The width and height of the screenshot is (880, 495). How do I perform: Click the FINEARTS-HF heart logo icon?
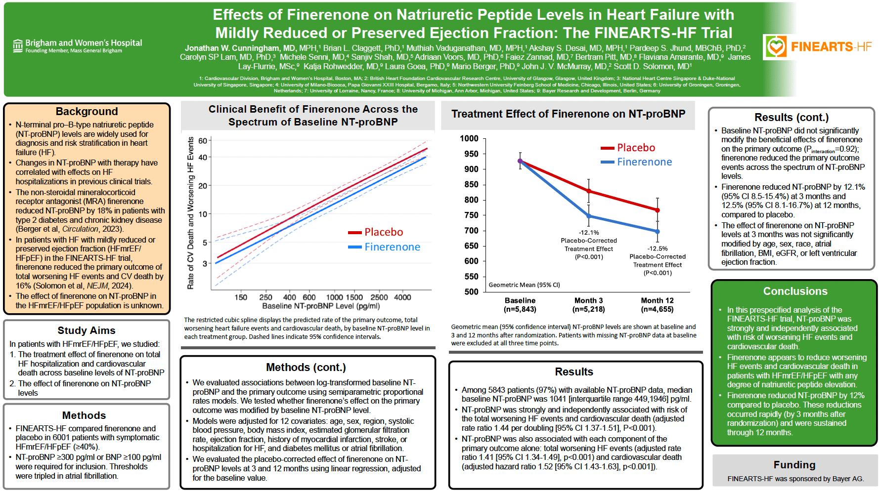point(776,46)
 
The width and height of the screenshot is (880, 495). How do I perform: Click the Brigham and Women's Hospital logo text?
point(83,43)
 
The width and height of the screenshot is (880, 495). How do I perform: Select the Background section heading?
point(87,111)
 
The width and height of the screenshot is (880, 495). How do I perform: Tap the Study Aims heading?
point(87,330)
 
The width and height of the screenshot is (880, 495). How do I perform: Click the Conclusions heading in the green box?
point(795,291)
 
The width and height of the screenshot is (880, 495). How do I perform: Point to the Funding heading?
point(794,465)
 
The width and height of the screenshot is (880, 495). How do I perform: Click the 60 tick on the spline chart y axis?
point(203,141)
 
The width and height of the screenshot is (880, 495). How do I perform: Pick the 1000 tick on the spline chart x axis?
point(335,297)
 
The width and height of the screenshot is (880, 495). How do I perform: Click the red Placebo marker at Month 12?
point(658,210)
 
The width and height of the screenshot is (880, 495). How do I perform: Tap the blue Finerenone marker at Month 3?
point(589,216)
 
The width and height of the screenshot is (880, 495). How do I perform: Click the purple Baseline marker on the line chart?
point(520,161)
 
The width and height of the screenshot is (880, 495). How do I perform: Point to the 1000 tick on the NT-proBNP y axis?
point(469,138)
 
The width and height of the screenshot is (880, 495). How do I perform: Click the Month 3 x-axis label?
point(588,301)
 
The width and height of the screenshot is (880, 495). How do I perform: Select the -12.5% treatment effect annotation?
point(658,248)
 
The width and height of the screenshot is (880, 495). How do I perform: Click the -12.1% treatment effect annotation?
point(589,232)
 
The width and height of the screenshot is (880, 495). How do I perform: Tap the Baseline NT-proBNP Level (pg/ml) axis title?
point(321,306)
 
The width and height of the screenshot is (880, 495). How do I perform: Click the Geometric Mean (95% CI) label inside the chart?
point(524,285)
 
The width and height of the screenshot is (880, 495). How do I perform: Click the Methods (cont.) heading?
point(306,368)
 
